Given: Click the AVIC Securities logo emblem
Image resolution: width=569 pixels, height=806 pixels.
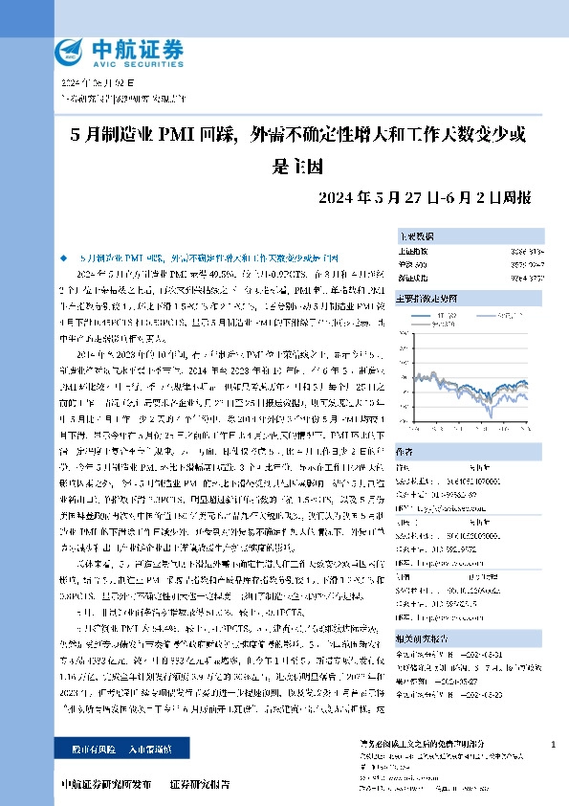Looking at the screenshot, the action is coord(70,51).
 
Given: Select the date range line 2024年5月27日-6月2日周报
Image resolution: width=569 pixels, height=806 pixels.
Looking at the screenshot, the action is coord(426,198).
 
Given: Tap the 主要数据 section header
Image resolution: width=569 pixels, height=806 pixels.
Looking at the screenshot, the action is coord(417,235).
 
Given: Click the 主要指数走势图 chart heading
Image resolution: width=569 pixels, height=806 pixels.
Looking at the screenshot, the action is coord(427,299).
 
